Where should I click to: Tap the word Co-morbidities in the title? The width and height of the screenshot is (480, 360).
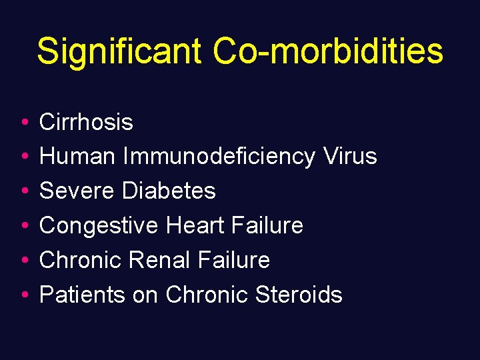pos(328,51)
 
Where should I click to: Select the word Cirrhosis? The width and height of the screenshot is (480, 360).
pos(86,122)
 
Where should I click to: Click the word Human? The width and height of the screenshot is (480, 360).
pos(77,157)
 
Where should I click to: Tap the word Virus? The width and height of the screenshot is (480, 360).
pos(350,157)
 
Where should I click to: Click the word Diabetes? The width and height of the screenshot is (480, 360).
pos(169,191)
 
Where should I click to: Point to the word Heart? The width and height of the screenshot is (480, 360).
pos(196,225)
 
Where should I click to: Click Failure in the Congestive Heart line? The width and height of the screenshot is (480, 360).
pos(268,225)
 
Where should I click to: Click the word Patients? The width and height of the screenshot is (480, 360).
pos(82,295)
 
